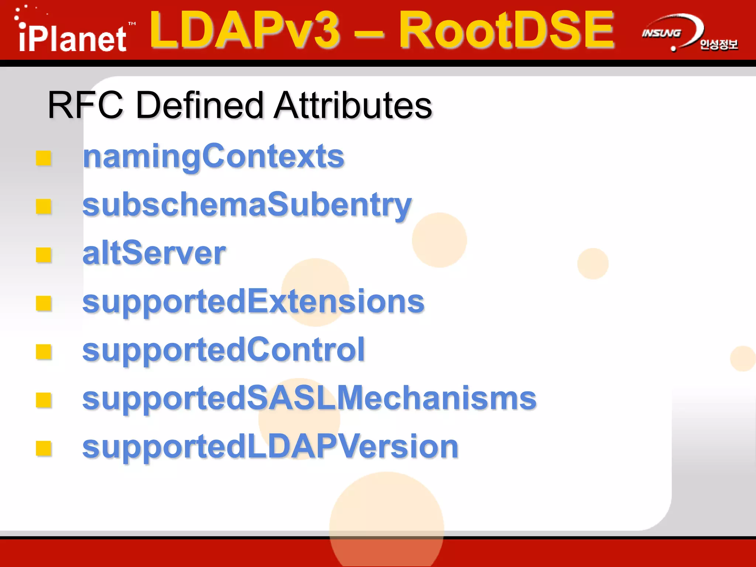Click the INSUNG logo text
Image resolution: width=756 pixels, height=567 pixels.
tap(661, 33)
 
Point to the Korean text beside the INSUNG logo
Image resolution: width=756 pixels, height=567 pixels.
tap(718, 45)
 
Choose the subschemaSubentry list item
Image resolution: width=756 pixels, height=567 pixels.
tap(247, 205)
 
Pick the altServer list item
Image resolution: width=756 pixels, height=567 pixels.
tap(154, 253)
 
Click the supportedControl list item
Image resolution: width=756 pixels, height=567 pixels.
tap(223, 350)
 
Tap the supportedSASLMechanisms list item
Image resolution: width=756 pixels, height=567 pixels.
tap(309, 398)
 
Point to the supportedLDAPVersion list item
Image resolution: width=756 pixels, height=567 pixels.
tap(270, 447)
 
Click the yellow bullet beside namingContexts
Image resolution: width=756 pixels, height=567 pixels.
tap(44, 158)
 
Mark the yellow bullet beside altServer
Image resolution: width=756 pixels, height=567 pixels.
tap(44, 255)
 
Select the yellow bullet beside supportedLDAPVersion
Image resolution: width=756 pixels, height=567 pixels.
tap(44, 449)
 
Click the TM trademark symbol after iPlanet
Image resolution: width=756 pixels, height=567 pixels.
tap(132, 24)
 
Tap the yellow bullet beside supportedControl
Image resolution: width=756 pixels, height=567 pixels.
tap(44, 351)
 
